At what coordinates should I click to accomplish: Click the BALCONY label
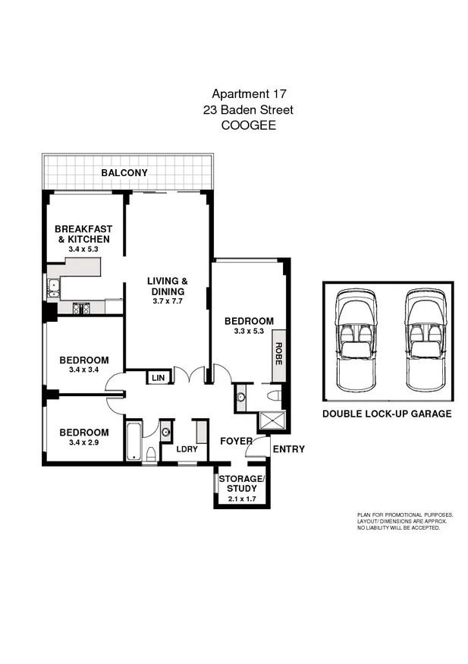(x=124, y=173)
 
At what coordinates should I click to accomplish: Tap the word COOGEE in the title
(x=248, y=126)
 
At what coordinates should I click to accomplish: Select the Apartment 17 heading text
(x=248, y=94)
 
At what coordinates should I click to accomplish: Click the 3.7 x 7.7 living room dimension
(x=167, y=301)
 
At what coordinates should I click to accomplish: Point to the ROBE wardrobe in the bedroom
(x=278, y=354)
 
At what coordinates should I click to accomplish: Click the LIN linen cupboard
(x=158, y=378)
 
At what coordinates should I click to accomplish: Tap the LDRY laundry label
(x=187, y=448)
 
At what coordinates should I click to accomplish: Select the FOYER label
(x=236, y=441)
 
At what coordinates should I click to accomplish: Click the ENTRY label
(x=288, y=449)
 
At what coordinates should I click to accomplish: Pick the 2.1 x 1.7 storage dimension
(x=240, y=499)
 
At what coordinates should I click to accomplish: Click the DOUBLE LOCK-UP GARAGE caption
(x=387, y=414)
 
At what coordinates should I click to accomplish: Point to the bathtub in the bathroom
(x=133, y=440)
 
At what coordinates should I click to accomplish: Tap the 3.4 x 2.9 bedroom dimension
(x=84, y=442)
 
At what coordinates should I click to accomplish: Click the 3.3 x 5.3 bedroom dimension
(x=248, y=332)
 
